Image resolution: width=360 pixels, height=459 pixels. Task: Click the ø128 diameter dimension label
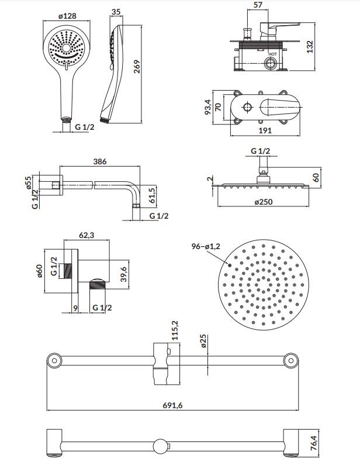(x=67, y=16)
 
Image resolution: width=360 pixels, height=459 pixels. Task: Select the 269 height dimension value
(x=137, y=67)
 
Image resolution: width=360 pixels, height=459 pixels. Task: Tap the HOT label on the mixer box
(x=272, y=54)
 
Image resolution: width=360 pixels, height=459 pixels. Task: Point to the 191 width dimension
(x=265, y=130)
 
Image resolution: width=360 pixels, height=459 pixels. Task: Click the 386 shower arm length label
(x=100, y=161)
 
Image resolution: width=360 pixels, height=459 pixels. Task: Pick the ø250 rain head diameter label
(x=264, y=202)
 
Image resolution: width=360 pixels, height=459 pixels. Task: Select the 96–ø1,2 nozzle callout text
(x=206, y=247)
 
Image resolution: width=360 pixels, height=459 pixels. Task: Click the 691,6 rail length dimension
(x=172, y=405)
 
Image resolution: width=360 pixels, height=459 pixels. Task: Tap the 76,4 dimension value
(x=313, y=443)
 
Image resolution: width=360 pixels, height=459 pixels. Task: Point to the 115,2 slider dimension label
(x=175, y=330)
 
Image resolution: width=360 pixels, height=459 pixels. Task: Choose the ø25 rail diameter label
(x=203, y=341)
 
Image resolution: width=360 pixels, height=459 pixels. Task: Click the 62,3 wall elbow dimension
(x=86, y=235)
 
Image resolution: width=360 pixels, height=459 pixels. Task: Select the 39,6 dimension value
(x=124, y=274)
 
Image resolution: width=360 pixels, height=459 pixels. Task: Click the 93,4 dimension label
(x=207, y=107)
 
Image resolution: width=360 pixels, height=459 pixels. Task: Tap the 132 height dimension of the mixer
(x=310, y=47)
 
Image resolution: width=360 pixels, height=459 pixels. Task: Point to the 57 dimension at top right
(x=258, y=5)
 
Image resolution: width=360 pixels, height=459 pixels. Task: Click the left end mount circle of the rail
(x=54, y=360)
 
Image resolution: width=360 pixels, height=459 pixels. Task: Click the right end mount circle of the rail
(x=291, y=360)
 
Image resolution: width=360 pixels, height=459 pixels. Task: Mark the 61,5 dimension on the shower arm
(x=151, y=196)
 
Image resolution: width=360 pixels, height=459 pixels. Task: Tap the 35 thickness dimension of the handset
(x=116, y=12)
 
